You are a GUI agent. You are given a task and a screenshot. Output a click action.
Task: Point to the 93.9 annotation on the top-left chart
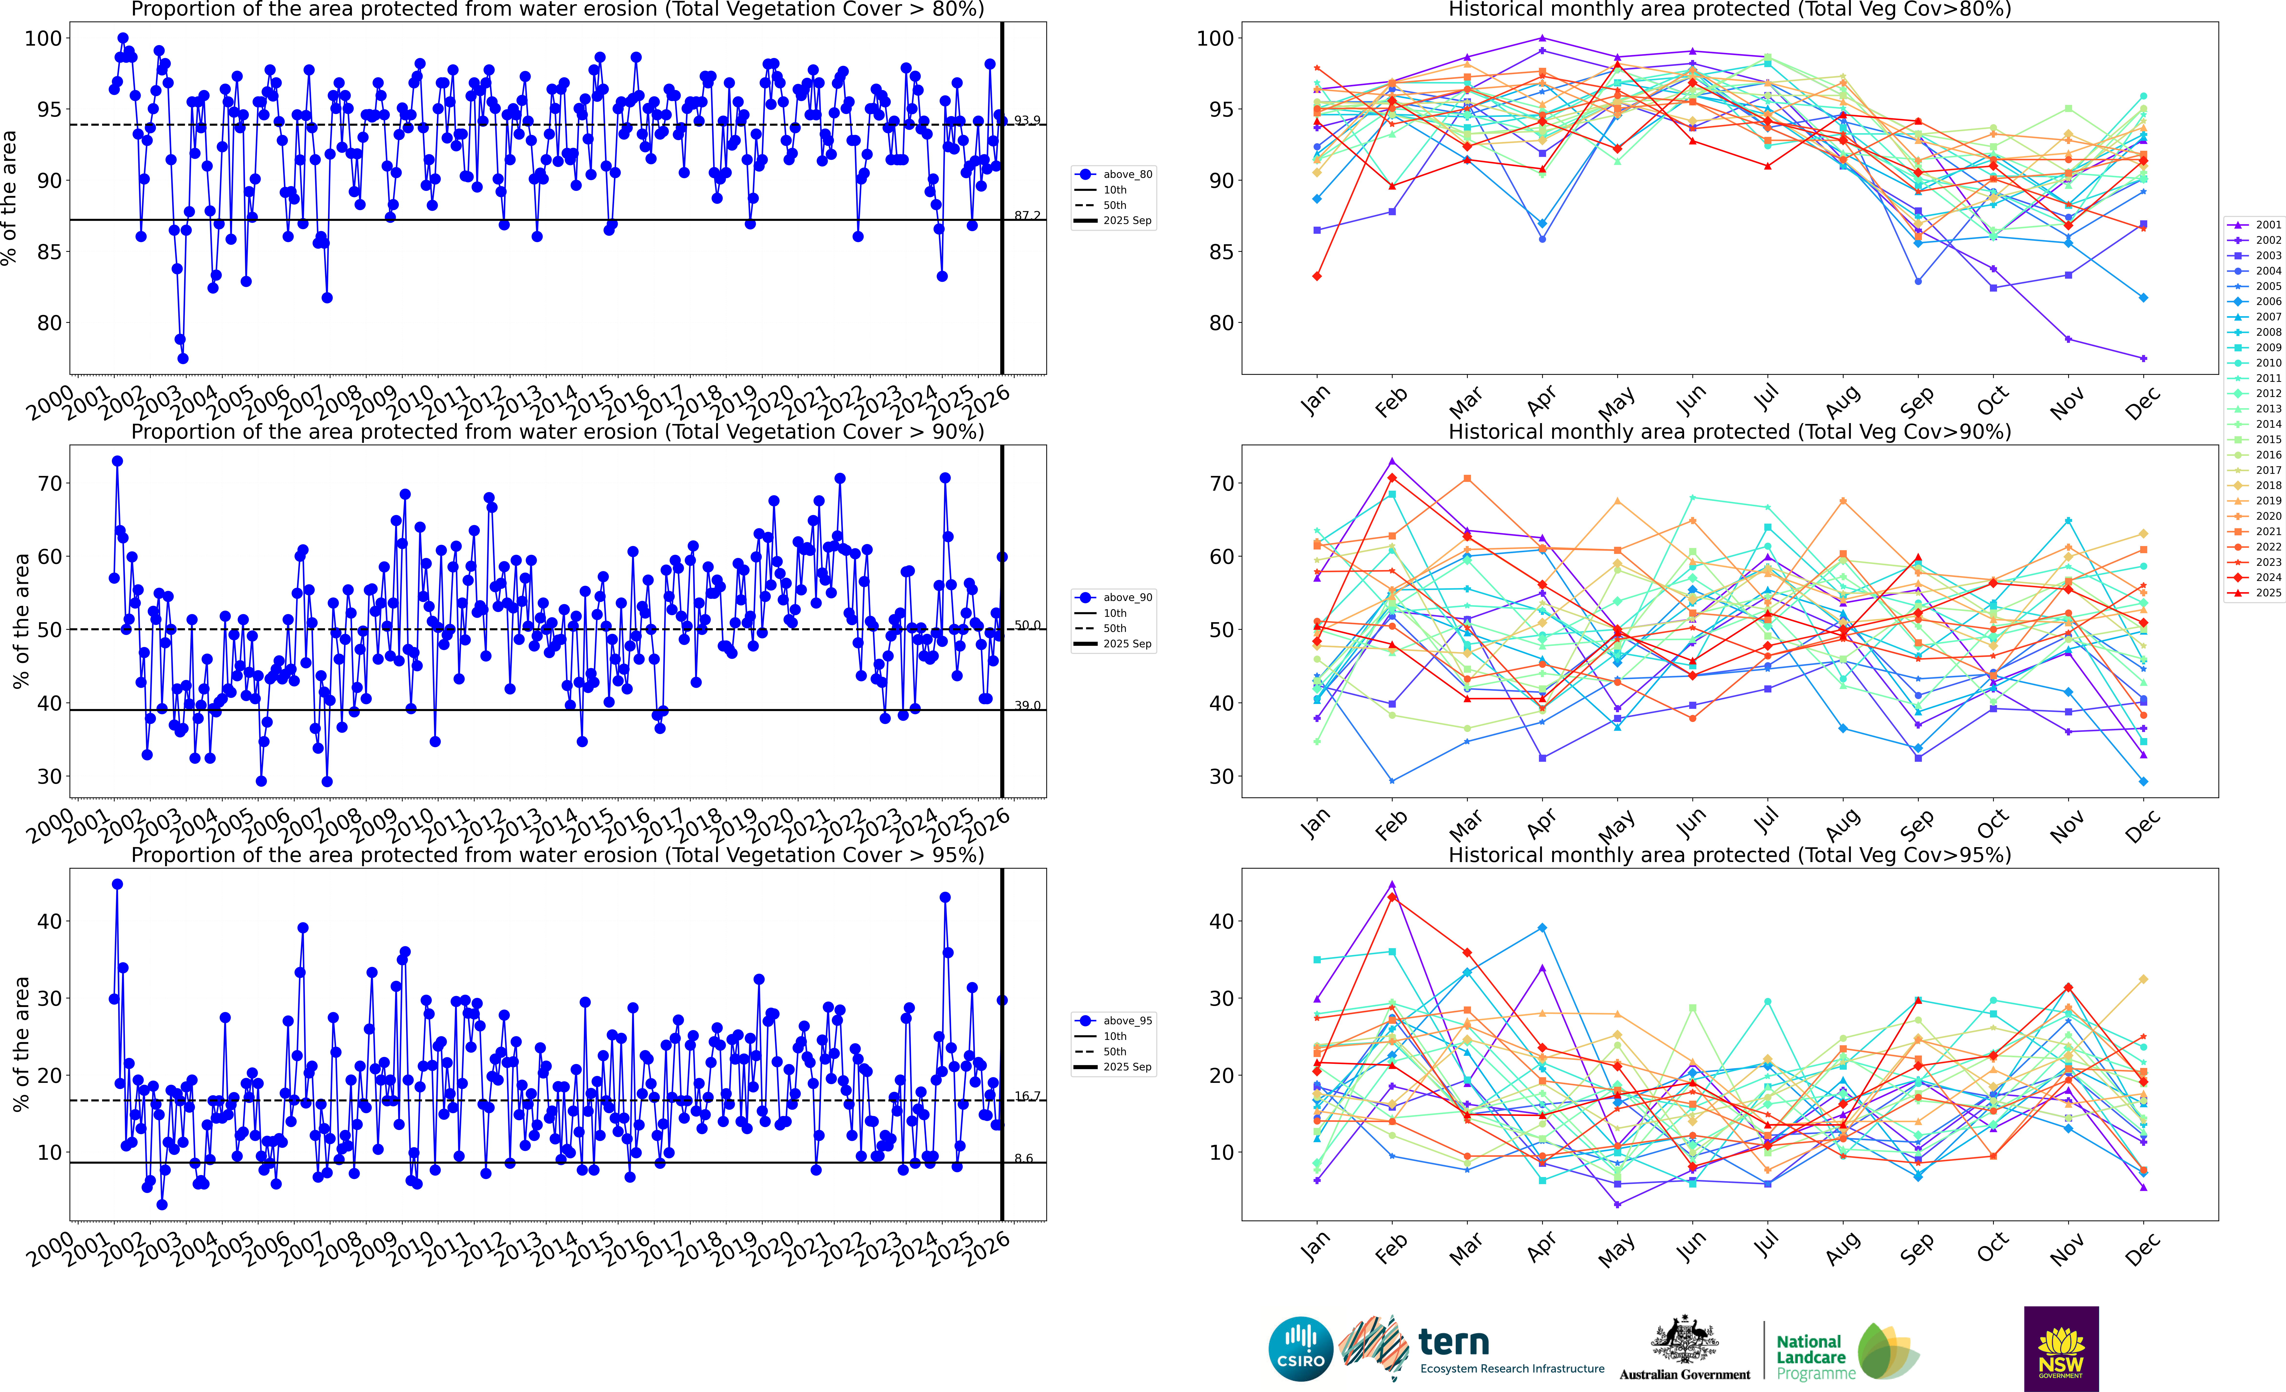click(1027, 121)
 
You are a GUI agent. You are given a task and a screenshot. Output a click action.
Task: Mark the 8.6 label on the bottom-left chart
click(1023, 1158)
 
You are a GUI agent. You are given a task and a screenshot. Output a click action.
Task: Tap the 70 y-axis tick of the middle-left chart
click(50, 484)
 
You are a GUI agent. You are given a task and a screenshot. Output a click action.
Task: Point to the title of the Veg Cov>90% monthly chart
click(1729, 432)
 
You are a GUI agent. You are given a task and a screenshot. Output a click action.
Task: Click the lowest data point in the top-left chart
click(183, 358)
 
